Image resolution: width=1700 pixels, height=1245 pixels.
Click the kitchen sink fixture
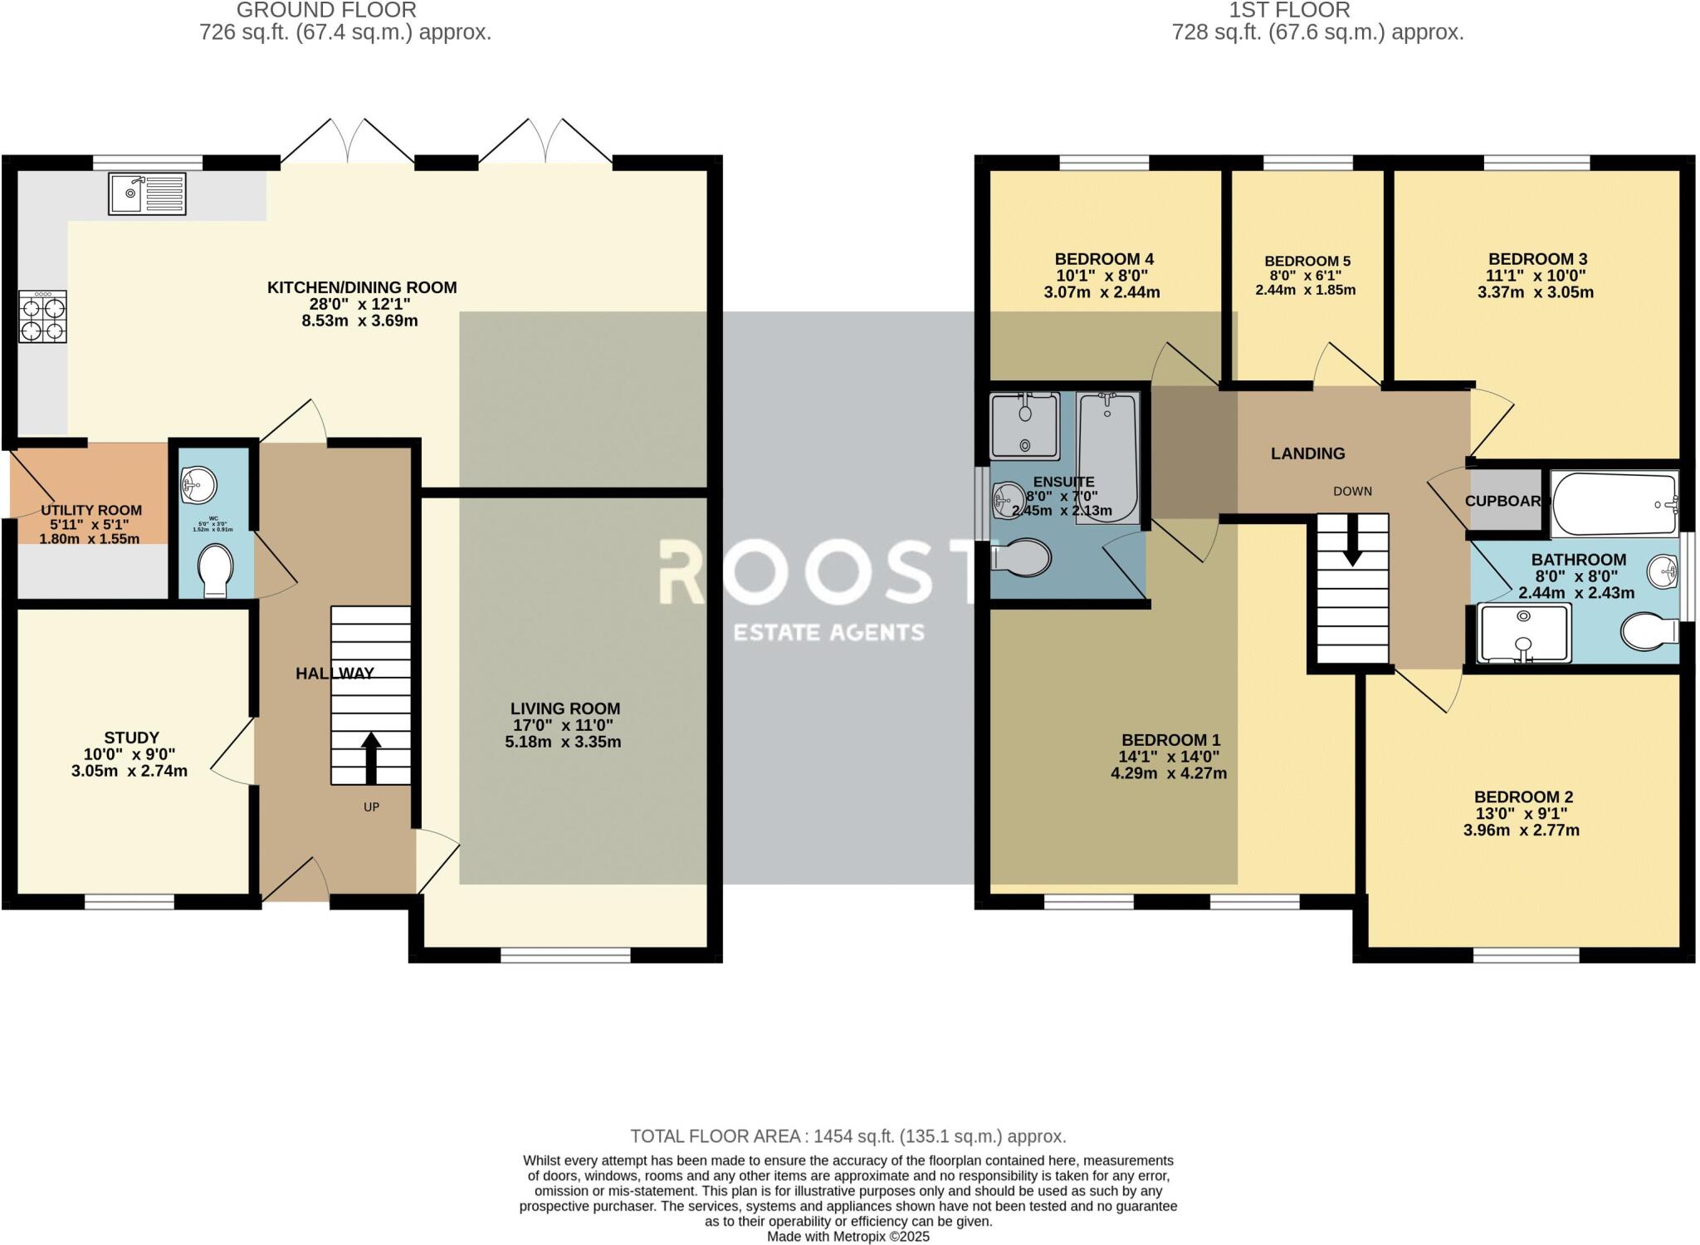pos(147,193)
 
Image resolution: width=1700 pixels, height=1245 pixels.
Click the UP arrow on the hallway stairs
pos(370,757)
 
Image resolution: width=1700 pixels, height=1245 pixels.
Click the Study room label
pos(131,738)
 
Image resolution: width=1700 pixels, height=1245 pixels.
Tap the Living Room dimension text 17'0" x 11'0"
pos(563,725)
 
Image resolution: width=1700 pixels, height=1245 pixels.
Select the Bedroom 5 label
pos(1307,261)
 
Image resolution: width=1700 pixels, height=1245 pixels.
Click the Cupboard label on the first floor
pos(1503,501)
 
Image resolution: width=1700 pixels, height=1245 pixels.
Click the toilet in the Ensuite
pos(1022,557)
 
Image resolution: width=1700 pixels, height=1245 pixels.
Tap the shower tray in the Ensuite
pos(1024,425)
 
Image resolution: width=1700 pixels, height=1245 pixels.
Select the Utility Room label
pos(91,510)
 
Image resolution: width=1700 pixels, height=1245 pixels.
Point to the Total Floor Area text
pos(848,1136)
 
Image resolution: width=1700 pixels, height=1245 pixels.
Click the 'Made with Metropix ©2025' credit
pos(848,1237)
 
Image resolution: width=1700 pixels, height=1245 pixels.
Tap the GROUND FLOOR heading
pos(326,10)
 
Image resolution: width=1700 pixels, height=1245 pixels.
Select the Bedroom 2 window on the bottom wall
pos(1526,957)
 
